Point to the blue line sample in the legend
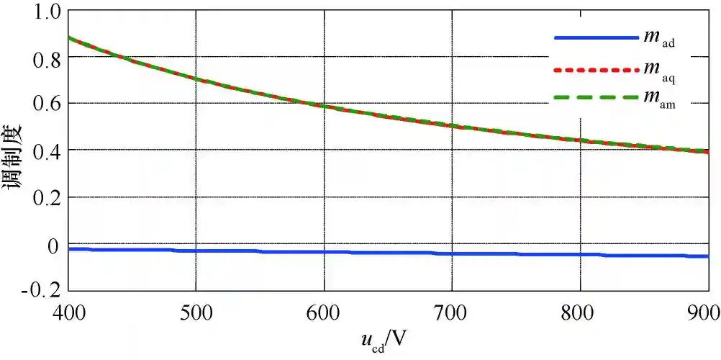click(x=596, y=37)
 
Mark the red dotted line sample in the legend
click(x=596, y=70)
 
